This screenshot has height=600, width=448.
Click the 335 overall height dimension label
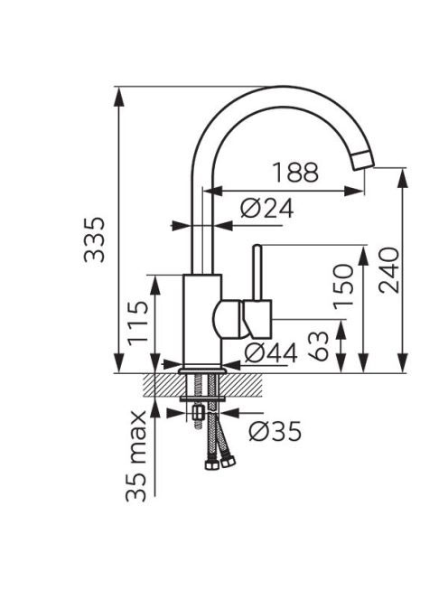[94, 239]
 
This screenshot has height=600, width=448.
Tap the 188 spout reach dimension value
[295, 173]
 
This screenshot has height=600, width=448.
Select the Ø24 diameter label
[267, 208]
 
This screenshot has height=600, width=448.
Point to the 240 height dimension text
[389, 270]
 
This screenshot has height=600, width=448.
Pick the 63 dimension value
[318, 346]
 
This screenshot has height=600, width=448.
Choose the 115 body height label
[137, 323]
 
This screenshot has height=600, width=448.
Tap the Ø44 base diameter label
[270, 352]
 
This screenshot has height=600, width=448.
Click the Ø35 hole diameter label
[275, 431]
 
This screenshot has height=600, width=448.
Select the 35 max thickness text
[136, 455]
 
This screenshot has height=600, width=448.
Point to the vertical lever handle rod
[257, 272]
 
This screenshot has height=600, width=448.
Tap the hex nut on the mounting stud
[198, 412]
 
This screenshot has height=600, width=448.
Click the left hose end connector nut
[211, 464]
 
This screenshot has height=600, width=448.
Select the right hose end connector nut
[228, 461]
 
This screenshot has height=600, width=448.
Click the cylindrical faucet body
[202, 320]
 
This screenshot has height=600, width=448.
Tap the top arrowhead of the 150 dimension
[363, 256]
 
